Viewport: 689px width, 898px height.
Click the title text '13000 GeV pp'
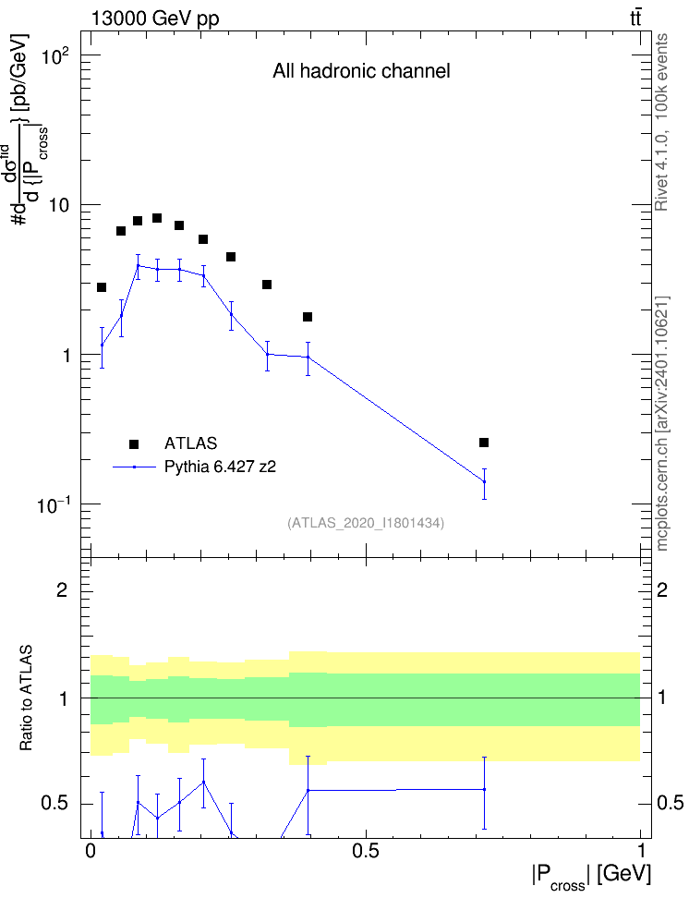coord(155,18)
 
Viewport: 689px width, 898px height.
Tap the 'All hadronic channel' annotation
coord(361,71)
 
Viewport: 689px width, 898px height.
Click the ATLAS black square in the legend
coord(134,443)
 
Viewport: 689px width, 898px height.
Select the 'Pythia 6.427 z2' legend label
coord(220,467)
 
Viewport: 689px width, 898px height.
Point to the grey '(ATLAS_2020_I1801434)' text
coord(366,523)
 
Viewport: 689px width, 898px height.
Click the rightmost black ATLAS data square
coord(484,443)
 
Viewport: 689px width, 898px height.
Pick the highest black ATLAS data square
coord(157,218)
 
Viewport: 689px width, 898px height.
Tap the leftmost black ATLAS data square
coord(102,287)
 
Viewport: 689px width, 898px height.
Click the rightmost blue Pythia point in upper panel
coord(485,481)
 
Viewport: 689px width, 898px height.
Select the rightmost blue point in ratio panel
coord(485,790)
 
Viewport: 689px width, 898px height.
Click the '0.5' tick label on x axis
coord(366,851)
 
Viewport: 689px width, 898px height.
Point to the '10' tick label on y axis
coord(59,205)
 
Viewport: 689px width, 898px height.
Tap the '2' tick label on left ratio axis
coord(62,589)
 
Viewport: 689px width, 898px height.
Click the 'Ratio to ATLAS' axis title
coord(26,698)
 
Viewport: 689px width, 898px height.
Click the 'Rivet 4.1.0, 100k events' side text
coord(661,123)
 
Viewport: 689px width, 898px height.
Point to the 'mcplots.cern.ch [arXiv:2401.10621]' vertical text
coord(662,424)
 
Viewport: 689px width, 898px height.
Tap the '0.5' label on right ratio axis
coord(670,803)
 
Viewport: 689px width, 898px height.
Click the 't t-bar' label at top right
coord(635,18)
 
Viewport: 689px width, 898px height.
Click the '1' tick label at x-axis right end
coord(641,851)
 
